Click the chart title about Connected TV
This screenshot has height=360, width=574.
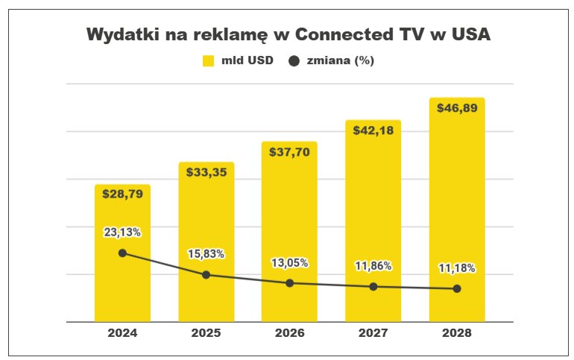point(288,35)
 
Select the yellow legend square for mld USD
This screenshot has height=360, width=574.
point(208,61)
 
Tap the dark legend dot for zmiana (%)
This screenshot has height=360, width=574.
point(292,61)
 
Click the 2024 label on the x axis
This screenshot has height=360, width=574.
point(122,333)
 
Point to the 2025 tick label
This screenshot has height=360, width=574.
point(206,333)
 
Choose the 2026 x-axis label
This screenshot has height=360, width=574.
point(289,333)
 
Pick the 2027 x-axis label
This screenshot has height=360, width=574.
point(373,333)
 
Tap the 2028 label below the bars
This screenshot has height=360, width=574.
point(456,333)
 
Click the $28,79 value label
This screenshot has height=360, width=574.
point(122,193)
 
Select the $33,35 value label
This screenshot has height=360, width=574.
point(206,171)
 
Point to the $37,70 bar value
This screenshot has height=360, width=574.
point(289,151)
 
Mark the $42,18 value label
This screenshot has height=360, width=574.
point(373,130)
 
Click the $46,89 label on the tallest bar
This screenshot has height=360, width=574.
point(456,107)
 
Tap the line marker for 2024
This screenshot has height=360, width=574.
point(122,253)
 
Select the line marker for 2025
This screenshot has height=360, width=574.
point(206,275)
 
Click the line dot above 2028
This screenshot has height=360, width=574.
point(456,288)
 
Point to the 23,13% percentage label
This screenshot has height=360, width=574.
point(122,232)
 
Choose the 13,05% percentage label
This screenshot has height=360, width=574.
point(289,262)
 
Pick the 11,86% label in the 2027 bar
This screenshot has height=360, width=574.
point(373,266)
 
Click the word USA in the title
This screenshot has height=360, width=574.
point(470,35)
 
